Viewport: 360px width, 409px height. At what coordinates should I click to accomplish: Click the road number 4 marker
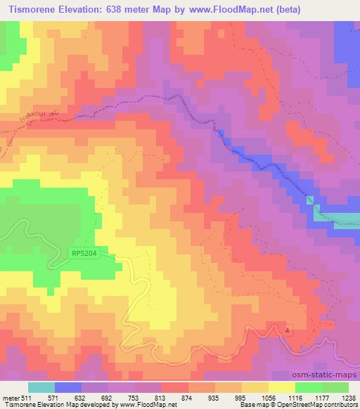(288, 330)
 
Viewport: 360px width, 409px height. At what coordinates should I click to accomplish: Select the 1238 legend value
(349, 397)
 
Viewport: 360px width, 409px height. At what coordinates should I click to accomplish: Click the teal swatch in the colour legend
(41, 387)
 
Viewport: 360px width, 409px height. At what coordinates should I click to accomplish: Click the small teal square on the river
(310, 201)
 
